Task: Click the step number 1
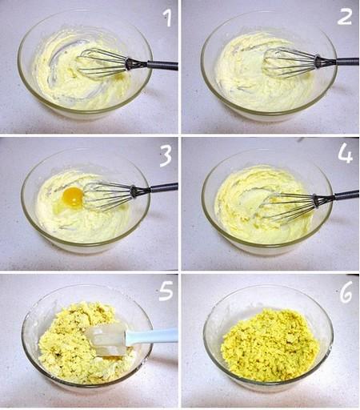pyautogui.click(x=168, y=18)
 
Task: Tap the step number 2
pyautogui.click(x=344, y=16)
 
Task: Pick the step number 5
pyautogui.click(x=166, y=291)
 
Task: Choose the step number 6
pyautogui.click(x=346, y=291)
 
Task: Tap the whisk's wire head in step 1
pyautogui.click(x=102, y=63)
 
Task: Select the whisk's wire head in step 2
pyautogui.click(x=290, y=62)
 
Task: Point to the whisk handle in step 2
pyautogui.click(x=338, y=62)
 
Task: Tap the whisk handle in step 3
pyautogui.click(x=154, y=189)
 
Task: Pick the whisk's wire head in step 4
pyautogui.click(x=288, y=206)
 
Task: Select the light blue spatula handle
pyautogui.click(x=151, y=336)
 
